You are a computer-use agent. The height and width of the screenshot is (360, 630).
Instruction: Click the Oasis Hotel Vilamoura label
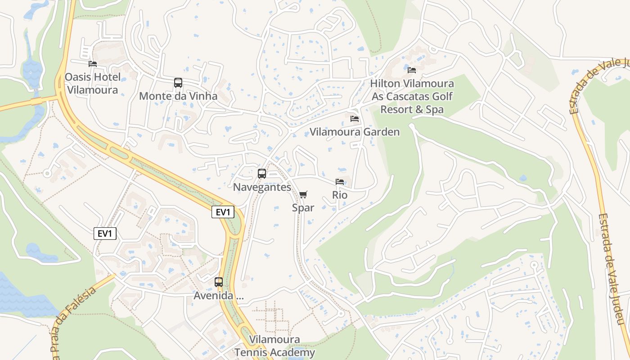coord(92,83)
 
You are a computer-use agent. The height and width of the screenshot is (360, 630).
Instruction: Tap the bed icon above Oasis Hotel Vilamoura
coord(93,64)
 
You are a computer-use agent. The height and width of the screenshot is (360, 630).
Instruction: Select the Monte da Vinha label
coord(178,96)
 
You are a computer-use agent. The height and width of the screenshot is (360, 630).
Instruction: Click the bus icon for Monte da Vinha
coord(178,83)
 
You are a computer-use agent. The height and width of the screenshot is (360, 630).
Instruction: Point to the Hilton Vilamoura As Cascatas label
coord(412,96)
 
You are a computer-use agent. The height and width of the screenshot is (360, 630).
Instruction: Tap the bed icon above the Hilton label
coord(411,70)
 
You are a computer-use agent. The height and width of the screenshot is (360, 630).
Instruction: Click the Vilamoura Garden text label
coord(355,132)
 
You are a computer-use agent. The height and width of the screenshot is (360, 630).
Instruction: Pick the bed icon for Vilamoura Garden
coord(355,119)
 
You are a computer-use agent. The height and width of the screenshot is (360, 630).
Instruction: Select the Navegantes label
coord(262,187)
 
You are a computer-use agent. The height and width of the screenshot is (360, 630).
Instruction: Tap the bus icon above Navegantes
coord(262,174)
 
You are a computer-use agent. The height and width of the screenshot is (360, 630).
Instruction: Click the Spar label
coord(303,207)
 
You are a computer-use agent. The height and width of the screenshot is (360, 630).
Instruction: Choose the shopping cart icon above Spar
coord(303,194)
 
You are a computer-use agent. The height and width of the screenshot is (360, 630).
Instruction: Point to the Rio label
coord(340,195)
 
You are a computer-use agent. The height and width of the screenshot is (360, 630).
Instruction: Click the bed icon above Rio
coord(340,182)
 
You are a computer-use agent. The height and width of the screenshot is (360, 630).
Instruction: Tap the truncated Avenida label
coord(218,296)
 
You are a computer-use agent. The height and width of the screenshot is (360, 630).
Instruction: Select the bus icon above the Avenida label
coord(219,282)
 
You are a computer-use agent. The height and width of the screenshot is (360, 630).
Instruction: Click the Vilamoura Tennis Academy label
coord(274,346)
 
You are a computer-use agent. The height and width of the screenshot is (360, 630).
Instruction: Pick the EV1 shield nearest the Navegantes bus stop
coord(223,212)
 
